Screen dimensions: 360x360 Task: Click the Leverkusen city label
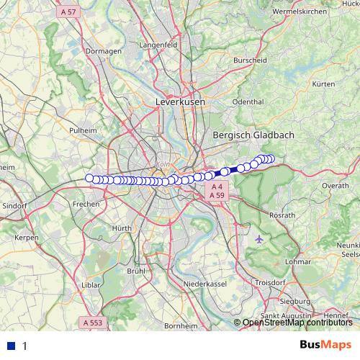click(x=180, y=103)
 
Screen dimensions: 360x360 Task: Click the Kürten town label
click(x=324, y=84)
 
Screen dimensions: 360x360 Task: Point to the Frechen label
click(x=86, y=204)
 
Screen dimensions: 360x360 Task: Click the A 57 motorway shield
click(x=69, y=12)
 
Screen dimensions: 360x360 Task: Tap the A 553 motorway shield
click(x=94, y=323)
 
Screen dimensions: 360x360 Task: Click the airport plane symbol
click(x=259, y=238)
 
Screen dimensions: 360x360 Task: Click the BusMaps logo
click(x=326, y=345)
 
